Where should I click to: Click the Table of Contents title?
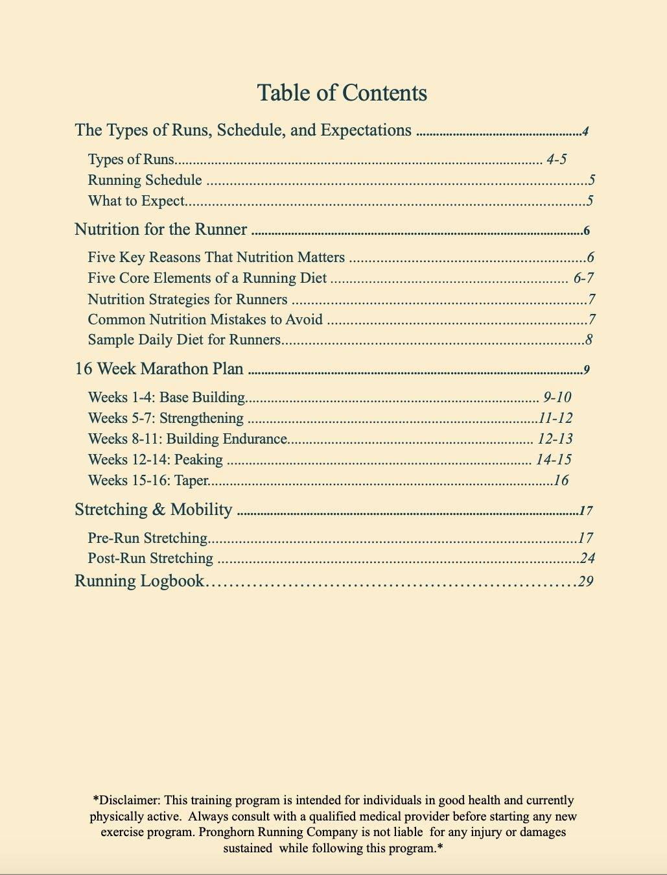[342, 93]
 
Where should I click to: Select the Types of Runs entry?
[131, 160]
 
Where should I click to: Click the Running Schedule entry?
[145, 180]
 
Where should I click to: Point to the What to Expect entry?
[136, 201]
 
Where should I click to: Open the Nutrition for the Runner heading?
[161, 230]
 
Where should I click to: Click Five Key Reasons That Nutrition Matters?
[216, 258]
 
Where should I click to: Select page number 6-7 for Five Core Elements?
[583, 278]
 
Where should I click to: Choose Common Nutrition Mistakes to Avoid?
[205, 320]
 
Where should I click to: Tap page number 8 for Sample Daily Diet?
[589, 340]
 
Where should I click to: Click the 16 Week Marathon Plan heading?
[159, 369]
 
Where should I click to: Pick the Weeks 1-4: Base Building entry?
[166, 397]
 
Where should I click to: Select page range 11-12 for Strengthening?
[556, 418]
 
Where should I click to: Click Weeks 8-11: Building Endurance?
[187, 439]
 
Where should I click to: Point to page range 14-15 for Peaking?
[554, 460]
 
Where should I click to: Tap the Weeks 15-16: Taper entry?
[148, 481]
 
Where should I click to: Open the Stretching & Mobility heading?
[153, 510]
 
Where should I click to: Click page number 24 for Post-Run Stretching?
[587, 558]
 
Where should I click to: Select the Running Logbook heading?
[139, 581]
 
